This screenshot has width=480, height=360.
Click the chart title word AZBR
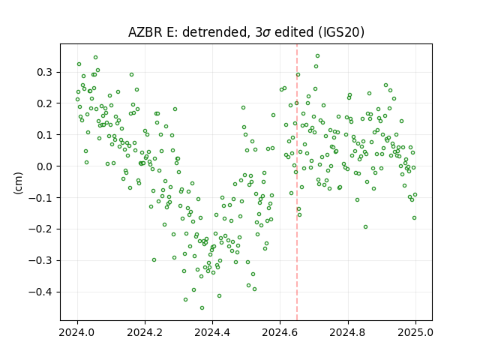coord(145,32)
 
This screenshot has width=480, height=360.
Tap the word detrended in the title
coord(215,32)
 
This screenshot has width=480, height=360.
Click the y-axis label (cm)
coord(18,183)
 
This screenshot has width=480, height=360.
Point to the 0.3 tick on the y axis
coord(45,73)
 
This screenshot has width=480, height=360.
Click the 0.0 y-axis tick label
coord(45,166)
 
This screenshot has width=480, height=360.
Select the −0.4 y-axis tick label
coord(40,292)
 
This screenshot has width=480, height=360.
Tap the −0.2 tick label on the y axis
coord(40,229)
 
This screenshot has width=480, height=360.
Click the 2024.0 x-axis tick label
coord(77,332)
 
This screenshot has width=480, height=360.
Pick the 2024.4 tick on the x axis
coord(212,332)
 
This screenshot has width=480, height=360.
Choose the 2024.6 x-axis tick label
coord(280,332)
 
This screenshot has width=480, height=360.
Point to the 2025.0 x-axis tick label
coord(415,332)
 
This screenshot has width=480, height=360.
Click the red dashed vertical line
coord(297,182)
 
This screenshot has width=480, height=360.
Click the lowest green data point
coord(202,307)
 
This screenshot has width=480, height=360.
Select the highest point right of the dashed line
coord(318,56)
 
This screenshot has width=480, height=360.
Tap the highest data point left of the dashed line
coord(95,58)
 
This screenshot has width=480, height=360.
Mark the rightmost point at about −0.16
coord(415,218)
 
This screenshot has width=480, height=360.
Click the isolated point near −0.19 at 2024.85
coord(365,226)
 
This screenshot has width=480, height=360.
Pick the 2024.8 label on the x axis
coord(348,332)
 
